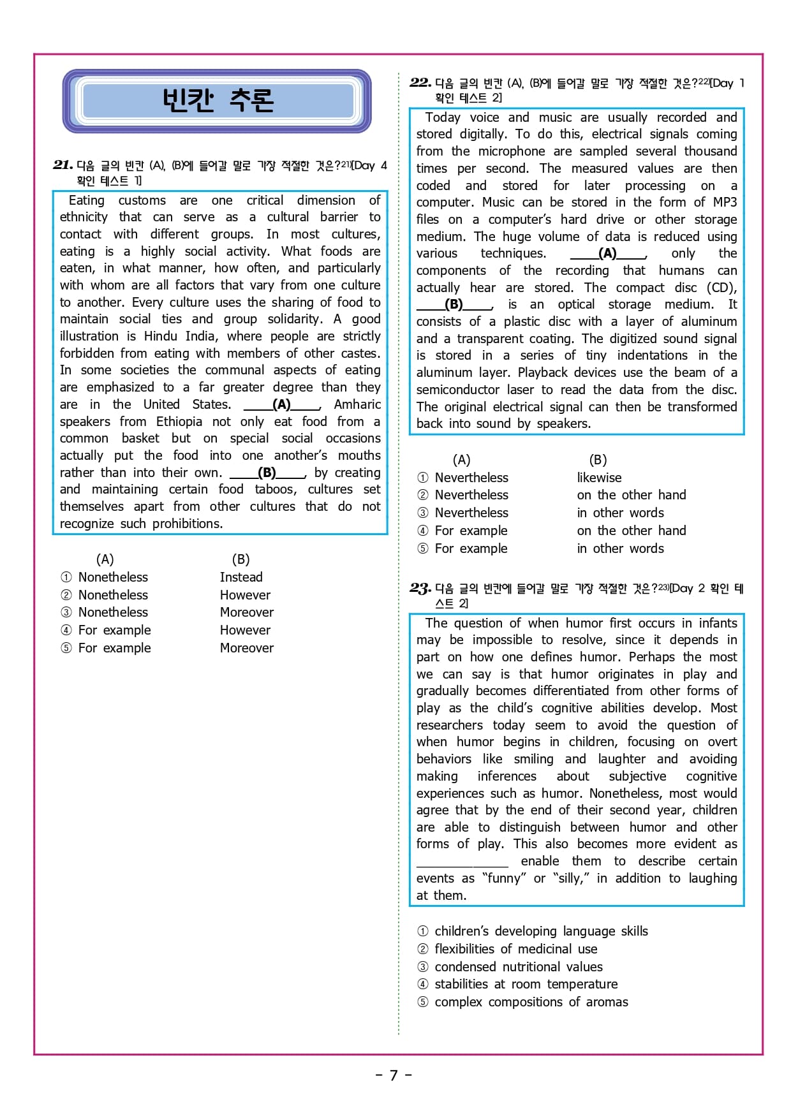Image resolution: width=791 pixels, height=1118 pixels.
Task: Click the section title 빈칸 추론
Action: (218, 101)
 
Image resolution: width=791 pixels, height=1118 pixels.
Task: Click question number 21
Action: (63, 165)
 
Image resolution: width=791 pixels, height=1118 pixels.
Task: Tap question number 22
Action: (420, 83)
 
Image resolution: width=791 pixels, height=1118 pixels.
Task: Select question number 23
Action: (420, 588)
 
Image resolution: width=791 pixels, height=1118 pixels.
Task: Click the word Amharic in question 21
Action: (357, 404)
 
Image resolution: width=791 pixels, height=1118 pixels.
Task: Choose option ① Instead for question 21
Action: (241, 577)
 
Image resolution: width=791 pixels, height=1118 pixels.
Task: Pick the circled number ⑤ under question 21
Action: (66, 648)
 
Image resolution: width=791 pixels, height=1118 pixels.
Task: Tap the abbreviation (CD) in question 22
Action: (721, 288)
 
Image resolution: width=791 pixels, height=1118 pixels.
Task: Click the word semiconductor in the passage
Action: (458, 390)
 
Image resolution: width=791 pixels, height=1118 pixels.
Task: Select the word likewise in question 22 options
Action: (599, 478)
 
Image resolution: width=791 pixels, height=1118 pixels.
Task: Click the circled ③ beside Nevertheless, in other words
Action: (423, 513)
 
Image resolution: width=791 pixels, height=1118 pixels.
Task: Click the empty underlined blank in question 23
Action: (462, 862)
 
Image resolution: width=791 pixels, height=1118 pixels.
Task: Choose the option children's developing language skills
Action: (541, 931)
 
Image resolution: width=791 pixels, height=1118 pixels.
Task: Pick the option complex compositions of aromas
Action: (531, 1002)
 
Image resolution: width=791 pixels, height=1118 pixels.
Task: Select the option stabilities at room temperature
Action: (526, 984)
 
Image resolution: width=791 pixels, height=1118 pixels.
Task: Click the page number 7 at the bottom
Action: (394, 1075)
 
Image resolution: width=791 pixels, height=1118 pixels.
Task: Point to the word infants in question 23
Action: (718, 623)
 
